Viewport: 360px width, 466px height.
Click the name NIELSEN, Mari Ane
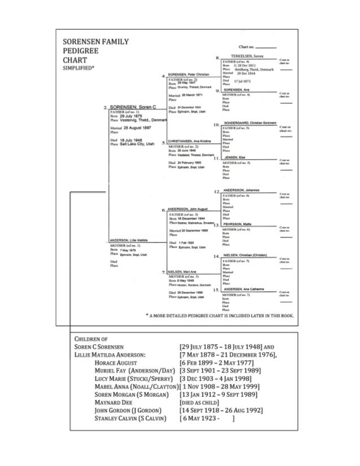[181, 272]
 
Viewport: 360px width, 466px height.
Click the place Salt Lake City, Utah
[136, 144]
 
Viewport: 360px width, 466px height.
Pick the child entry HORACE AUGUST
[120, 363]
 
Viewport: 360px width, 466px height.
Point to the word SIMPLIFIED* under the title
[80, 68]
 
